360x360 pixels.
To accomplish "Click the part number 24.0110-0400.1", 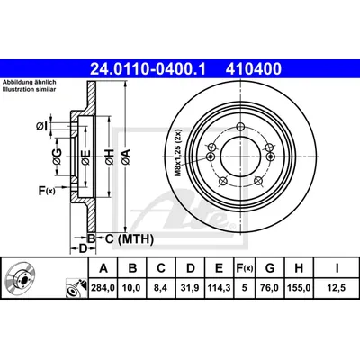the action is click(148, 69).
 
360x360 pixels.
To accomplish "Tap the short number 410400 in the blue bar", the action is click(254, 69).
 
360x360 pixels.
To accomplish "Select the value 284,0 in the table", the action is click(103, 288).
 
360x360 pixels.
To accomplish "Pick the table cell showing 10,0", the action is click(132, 288).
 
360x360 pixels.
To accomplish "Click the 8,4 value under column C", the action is click(161, 288).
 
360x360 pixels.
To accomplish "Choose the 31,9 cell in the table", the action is click(191, 288).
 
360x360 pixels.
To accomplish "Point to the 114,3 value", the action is click(219, 288).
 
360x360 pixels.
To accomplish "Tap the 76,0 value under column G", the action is click(270, 288).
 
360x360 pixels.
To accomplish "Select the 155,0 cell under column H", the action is click(299, 288).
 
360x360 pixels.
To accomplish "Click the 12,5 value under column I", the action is click(337, 288).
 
